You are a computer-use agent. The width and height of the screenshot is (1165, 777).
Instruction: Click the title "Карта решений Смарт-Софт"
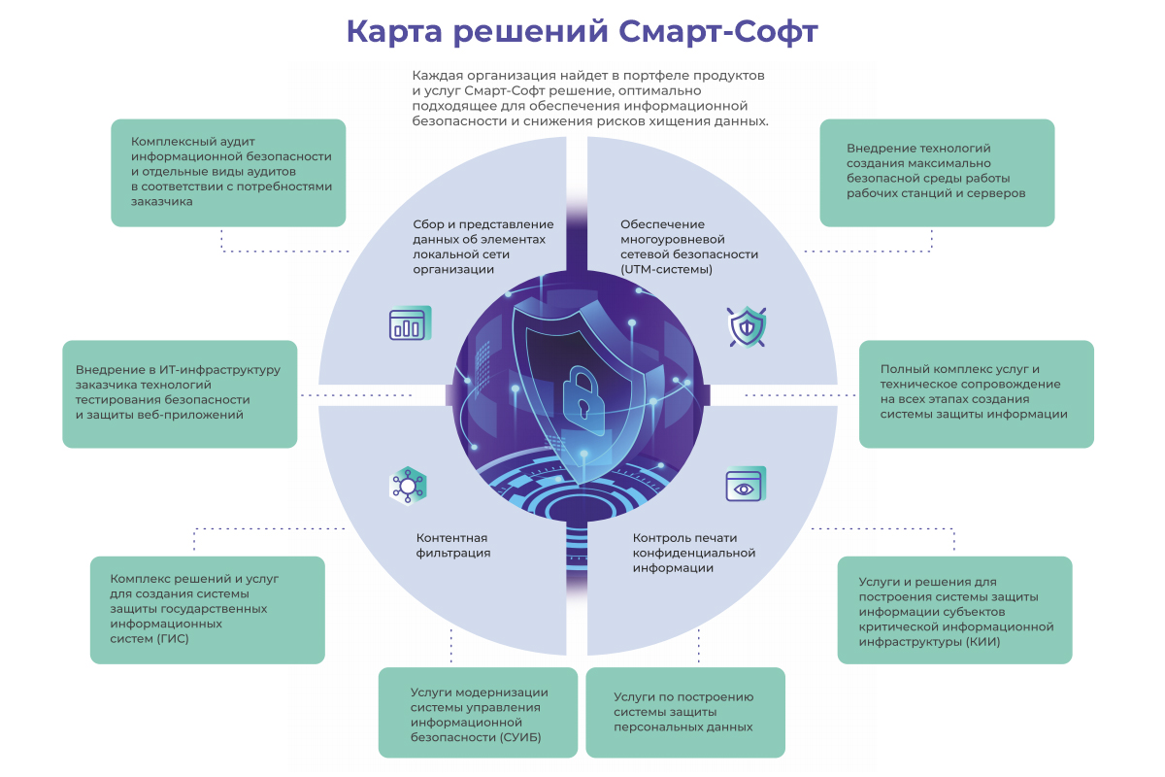click(582, 31)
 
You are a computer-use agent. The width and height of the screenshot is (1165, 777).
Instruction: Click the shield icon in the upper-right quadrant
click(747, 326)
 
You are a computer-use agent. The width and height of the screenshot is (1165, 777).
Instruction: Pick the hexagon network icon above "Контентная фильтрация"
click(408, 484)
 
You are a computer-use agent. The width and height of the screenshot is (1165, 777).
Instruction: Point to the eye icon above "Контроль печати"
click(746, 485)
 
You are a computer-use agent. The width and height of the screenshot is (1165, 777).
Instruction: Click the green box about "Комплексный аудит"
click(229, 173)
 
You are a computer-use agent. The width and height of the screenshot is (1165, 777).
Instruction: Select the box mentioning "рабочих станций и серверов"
click(937, 173)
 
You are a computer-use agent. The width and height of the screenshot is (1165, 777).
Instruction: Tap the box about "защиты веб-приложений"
click(180, 393)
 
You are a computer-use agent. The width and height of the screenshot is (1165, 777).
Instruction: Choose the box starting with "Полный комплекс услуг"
click(976, 393)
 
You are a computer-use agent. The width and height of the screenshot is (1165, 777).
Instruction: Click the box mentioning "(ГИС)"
click(207, 610)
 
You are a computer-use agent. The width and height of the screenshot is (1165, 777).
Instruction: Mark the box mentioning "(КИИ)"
click(954, 610)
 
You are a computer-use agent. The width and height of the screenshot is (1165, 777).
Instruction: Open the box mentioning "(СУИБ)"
click(478, 713)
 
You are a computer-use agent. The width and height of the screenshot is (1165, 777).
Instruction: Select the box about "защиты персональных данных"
click(685, 713)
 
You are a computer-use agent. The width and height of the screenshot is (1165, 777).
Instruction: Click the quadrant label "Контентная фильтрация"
click(452, 545)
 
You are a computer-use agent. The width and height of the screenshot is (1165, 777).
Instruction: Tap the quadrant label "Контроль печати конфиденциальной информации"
click(693, 553)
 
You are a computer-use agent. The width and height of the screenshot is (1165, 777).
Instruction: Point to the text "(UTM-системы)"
click(667, 269)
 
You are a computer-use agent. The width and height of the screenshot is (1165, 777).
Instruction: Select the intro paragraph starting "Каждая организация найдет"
click(590, 98)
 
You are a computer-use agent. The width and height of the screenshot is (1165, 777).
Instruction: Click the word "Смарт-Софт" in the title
click(718, 31)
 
